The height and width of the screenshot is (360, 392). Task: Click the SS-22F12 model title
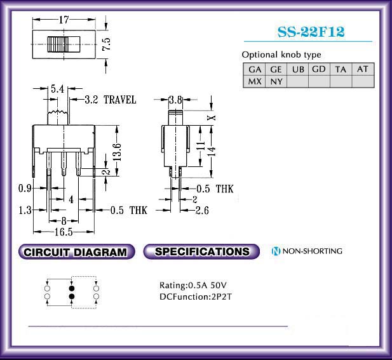(311, 32)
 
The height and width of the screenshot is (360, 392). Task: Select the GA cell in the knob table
(255, 69)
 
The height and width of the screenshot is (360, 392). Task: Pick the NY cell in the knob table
(276, 81)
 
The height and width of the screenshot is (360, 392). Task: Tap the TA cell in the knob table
(341, 69)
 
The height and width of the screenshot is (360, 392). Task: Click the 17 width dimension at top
(64, 20)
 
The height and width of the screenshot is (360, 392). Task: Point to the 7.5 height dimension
(107, 44)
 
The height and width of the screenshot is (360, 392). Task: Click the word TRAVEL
(120, 100)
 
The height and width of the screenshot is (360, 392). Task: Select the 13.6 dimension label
(117, 152)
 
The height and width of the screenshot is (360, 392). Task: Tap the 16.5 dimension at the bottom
(64, 232)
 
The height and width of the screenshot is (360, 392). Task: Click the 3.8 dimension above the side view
(175, 100)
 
